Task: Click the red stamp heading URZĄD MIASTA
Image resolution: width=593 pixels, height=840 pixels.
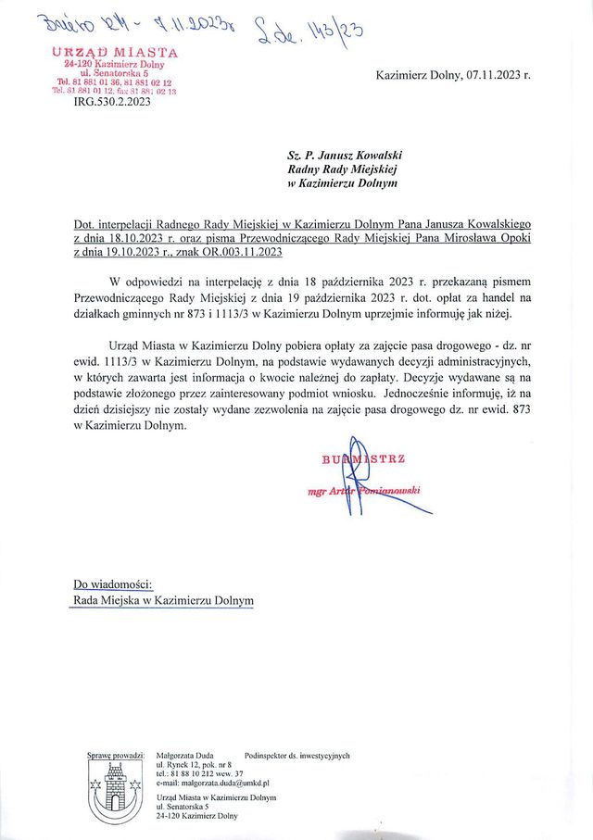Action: click(x=115, y=52)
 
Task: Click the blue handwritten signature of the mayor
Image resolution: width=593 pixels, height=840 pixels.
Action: click(x=375, y=491)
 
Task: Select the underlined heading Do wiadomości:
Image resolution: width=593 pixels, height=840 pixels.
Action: click(x=112, y=583)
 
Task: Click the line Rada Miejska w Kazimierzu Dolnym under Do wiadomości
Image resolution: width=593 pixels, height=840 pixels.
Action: click(x=163, y=600)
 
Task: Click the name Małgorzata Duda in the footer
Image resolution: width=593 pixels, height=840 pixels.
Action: click(x=186, y=756)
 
